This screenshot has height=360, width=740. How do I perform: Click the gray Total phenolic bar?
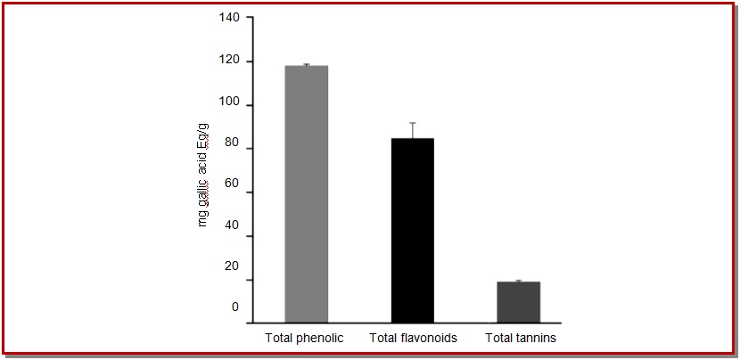[306, 193]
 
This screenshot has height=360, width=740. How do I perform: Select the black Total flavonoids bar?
[412, 230]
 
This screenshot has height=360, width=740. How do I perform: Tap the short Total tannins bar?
[518, 302]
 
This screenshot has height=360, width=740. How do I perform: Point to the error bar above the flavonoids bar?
[412, 130]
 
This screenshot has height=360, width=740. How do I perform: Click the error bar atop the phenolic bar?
[306, 65]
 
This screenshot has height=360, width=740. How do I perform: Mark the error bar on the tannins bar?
[518, 281]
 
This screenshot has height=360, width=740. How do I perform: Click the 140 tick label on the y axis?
[230, 18]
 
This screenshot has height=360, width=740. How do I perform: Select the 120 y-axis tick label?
[230, 61]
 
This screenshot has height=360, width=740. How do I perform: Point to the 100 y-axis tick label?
[230, 105]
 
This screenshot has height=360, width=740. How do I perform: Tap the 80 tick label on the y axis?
[232, 149]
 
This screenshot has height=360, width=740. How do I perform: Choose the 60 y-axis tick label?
[232, 192]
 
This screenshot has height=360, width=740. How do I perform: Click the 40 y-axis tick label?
[232, 236]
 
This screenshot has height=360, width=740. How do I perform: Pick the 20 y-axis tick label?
[232, 266]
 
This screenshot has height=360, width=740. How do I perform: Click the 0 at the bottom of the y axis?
[235, 307]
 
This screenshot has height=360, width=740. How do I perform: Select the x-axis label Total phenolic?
[304, 339]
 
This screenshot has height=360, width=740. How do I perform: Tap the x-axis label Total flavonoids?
[413, 339]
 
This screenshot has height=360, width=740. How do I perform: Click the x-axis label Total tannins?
[521, 339]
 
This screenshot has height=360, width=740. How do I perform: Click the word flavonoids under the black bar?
[429, 339]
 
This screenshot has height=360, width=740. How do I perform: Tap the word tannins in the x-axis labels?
[536, 339]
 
